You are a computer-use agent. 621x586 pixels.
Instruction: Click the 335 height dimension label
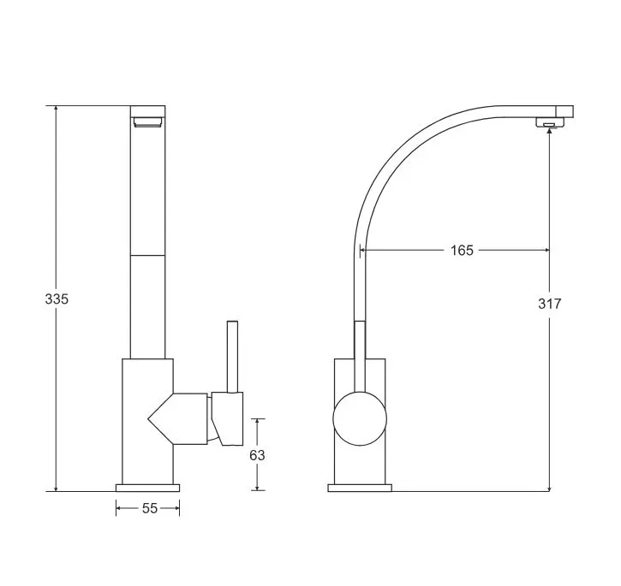(57, 299)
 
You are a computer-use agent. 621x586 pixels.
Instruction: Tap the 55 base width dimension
(150, 508)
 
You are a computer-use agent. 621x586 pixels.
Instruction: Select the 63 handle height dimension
(257, 455)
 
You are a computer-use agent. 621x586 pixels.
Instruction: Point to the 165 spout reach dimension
(462, 250)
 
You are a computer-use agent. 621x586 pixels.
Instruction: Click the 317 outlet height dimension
(549, 304)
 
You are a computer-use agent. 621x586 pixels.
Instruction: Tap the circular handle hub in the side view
(360, 418)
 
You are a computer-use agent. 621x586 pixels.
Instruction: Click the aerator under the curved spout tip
(549, 122)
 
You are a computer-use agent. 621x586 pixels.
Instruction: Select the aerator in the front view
(147, 121)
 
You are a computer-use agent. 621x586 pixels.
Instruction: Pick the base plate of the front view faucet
(147, 488)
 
